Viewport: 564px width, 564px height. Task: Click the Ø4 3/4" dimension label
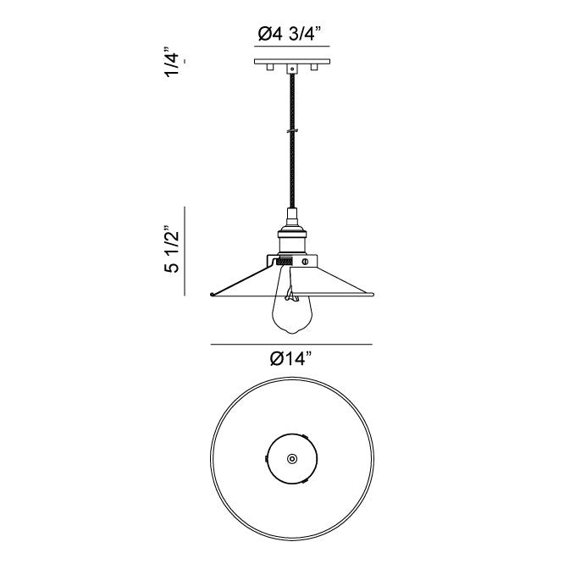(289, 35)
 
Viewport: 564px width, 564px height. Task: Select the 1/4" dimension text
(172, 62)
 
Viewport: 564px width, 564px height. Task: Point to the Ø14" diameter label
(290, 358)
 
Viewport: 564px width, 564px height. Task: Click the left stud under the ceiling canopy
(270, 67)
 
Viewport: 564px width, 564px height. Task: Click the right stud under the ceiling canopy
(314, 67)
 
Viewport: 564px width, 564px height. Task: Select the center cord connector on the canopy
(292, 69)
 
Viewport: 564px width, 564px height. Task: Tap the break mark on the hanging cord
(292, 131)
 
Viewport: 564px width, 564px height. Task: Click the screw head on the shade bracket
(306, 261)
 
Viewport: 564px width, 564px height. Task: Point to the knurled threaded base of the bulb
(285, 262)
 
